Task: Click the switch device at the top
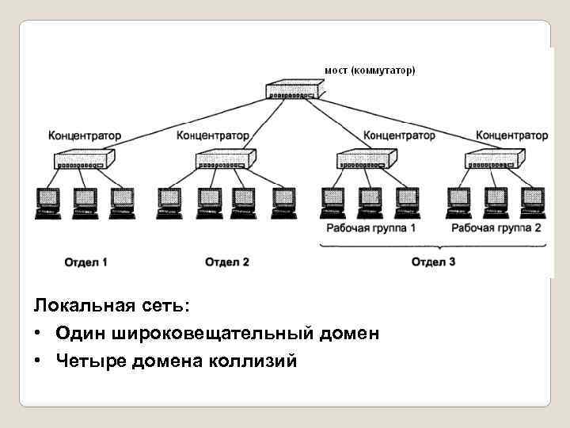tap(292, 90)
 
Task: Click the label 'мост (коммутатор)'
tap(369, 71)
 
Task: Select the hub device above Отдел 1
tap(85, 161)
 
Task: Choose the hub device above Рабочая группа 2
tap(493, 161)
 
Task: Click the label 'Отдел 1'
tap(86, 262)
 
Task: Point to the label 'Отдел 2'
tap(227, 262)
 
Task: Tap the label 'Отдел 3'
tap(433, 262)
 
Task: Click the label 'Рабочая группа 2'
tap(496, 228)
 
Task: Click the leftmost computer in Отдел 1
tap(48, 201)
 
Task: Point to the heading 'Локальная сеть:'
tap(101, 306)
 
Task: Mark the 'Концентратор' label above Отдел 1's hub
tap(85, 136)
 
